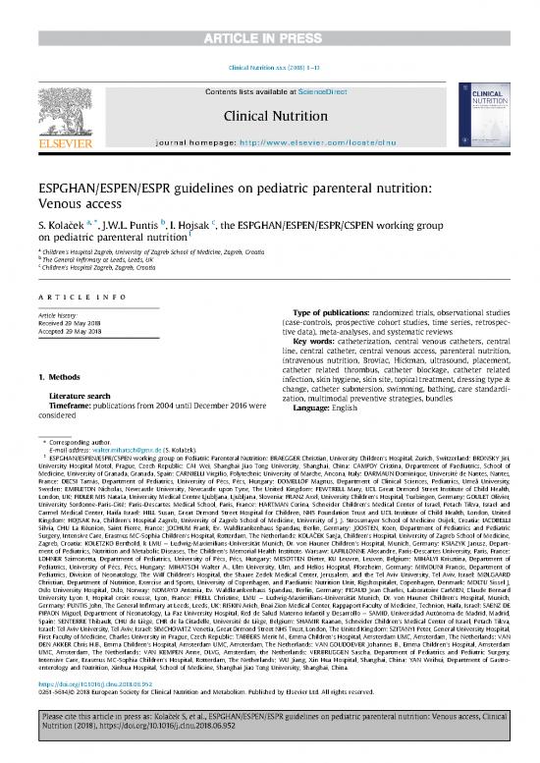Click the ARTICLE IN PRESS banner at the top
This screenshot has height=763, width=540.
(x=270, y=11)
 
